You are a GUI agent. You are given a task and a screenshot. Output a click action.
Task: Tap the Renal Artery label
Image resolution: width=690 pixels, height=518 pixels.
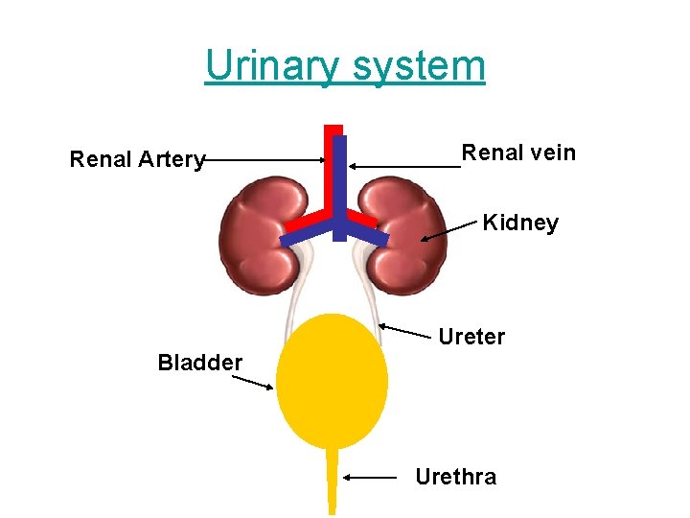click(137, 159)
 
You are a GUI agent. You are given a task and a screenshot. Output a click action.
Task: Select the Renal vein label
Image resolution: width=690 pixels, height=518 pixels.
click(518, 153)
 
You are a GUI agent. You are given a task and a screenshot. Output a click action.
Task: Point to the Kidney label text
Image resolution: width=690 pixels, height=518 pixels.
click(520, 224)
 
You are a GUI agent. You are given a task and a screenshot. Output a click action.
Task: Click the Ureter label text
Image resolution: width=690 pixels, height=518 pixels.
click(471, 337)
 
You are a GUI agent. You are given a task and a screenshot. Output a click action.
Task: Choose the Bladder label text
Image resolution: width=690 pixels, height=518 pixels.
click(200, 363)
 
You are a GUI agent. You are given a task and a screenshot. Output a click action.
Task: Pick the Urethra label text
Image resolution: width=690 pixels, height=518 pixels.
click(456, 477)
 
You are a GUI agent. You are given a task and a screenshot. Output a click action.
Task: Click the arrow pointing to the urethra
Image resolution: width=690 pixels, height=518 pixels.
click(370, 477)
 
